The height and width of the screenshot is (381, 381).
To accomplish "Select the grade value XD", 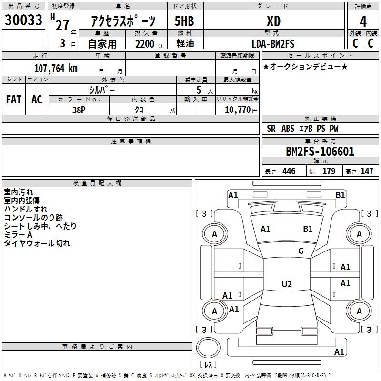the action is pyautogui.click(x=273, y=21).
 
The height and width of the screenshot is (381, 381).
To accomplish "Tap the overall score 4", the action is pyautogui.click(x=363, y=21).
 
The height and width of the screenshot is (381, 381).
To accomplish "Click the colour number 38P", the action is pyautogui.click(x=79, y=110).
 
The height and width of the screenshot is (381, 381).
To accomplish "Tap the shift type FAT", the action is pyautogui.click(x=14, y=100).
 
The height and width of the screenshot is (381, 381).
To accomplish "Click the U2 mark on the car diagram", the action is pyautogui.click(x=286, y=284).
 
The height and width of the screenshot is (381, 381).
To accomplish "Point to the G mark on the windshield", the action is pyautogui.click(x=301, y=251).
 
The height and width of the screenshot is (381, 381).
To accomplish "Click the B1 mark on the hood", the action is pyautogui.click(x=308, y=229).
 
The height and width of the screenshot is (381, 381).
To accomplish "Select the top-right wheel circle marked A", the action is pyautogui.click(x=359, y=234).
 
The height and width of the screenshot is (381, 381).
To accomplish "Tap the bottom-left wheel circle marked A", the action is pyautogui.click(x=214, y=311).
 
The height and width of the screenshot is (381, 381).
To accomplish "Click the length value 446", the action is pyautogui.click(x=289, y=171).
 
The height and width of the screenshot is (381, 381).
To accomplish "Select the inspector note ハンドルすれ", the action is pyautogui.click(x=26, y=209).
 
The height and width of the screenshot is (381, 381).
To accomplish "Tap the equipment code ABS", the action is pyautogui.click(x=288, y=129).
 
